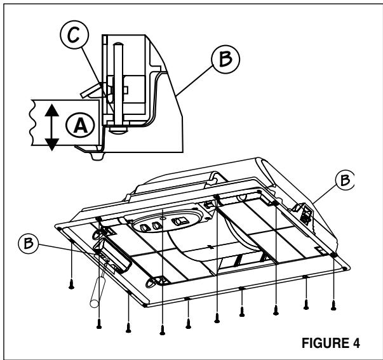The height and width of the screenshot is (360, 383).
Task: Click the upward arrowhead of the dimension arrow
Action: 54,109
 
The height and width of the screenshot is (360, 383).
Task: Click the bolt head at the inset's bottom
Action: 119,128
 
